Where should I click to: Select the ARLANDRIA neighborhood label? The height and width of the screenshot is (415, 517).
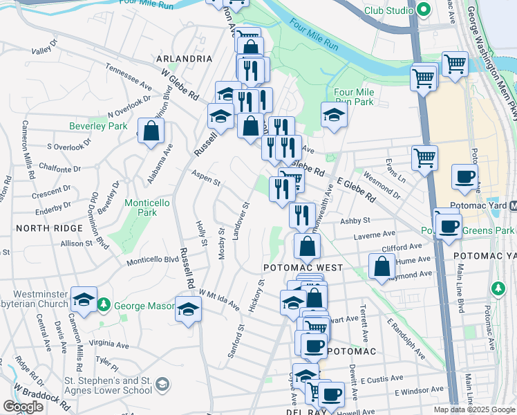tap(185, 59)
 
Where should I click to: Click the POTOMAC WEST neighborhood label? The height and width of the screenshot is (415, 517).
tap(293, 266)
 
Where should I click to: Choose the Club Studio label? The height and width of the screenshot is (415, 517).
tap(388, 11)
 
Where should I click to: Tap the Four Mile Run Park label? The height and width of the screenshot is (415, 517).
tap(353, 97)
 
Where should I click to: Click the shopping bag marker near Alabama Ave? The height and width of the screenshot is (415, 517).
tap(151, 131)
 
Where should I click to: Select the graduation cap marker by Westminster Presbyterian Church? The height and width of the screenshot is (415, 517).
tap(84, 300)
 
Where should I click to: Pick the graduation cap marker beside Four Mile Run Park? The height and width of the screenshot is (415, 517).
tap(334, 115)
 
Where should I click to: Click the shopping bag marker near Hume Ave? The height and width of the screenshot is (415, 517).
tap(382, 267)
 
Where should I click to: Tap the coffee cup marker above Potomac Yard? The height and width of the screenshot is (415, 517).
tap(464, 176)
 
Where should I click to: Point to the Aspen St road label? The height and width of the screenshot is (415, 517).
tap(206, 178)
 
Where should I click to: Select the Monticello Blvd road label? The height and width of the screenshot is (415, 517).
tap(153, 261)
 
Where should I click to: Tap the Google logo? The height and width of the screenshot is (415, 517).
tap(23, 407)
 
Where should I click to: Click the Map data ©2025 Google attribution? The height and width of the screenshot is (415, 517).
tap(473, 409)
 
